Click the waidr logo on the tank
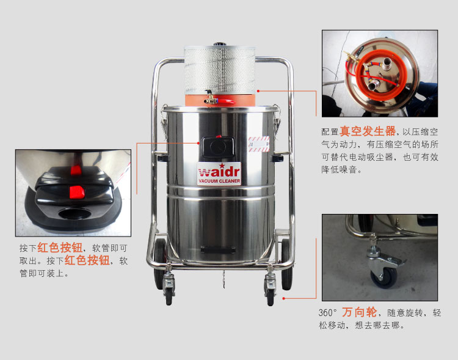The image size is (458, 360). click(x=219, y=171)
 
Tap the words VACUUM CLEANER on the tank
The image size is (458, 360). click(x=219, y=181)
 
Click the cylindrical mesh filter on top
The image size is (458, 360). click(x=219, y=70)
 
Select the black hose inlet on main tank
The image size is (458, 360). click(x=218, y=147)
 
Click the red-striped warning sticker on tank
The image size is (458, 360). click(x=259, y=144)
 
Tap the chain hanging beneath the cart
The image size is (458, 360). click(x=224, y=279)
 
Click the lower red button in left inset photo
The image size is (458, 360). click(x=77, y=192)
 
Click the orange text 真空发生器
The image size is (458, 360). click(x=368, y=131)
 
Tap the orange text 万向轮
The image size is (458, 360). click(x=360, y=312)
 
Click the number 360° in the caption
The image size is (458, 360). click(x=328, y=313)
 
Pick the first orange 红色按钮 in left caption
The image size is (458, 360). click(x=60, y=248)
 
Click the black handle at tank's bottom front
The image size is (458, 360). click(x=218, y=250)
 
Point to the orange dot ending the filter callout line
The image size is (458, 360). click(x=258, y=91)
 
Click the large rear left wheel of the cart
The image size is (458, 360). click(x=159, y=263)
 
